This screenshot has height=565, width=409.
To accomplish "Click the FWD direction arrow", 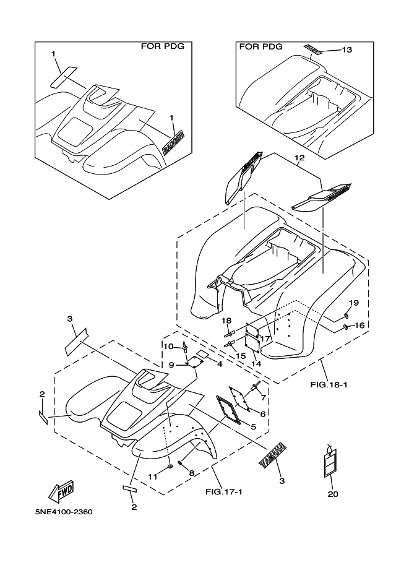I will click(61, 491).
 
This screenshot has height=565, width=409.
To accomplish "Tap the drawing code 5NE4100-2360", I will click(65, 512).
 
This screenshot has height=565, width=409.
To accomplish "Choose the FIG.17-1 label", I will click(223, 492).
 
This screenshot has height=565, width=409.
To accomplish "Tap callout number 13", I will click(347, 50).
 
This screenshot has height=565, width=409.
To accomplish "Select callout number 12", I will click(300, 158).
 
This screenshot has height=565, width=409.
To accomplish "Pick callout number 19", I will click(354, 303).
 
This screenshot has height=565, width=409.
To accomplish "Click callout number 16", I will click(359, 326).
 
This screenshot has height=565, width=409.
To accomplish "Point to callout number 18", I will click(226, 320).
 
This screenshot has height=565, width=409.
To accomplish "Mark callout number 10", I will click(167, 345).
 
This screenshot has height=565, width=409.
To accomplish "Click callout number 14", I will click(256, 364).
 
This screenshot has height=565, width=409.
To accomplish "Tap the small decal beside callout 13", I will click(313, 49).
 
